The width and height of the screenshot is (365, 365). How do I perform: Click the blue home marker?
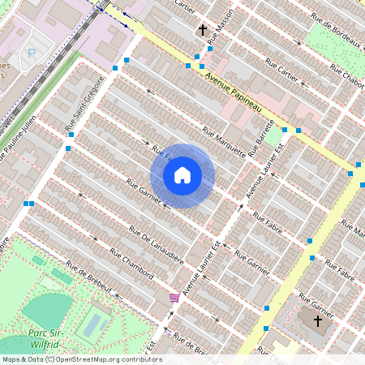pos(182,175)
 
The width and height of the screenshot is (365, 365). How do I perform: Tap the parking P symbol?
pos(32,53)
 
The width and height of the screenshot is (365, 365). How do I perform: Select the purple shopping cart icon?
pos(174,298)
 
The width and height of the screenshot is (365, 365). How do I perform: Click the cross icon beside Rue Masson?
pos(203,30)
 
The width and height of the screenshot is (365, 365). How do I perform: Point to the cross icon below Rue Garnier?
pos(317,321)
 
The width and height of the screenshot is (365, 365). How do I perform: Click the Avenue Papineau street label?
pos(234,92)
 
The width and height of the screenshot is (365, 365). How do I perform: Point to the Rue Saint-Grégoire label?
pos(83,103)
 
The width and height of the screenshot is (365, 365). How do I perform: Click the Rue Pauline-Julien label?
pos(19,139)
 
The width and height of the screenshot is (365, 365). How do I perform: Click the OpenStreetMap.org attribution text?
pos(118,359)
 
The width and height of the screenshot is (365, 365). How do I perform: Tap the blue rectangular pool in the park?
pos(93,325)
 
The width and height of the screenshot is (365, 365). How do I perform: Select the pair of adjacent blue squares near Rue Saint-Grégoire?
pos(29,204)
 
